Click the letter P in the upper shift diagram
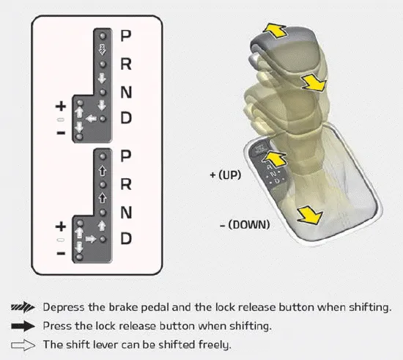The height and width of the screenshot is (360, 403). point(126,34)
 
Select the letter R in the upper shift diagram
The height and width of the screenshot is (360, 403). point(126,63)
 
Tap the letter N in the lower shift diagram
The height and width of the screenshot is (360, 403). point(126,213)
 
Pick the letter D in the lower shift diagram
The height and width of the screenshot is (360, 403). point(126,239)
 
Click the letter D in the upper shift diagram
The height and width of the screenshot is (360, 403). point(126,118)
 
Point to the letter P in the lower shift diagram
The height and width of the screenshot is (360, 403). point(126,156)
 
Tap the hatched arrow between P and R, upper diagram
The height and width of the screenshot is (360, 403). point(103,50)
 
